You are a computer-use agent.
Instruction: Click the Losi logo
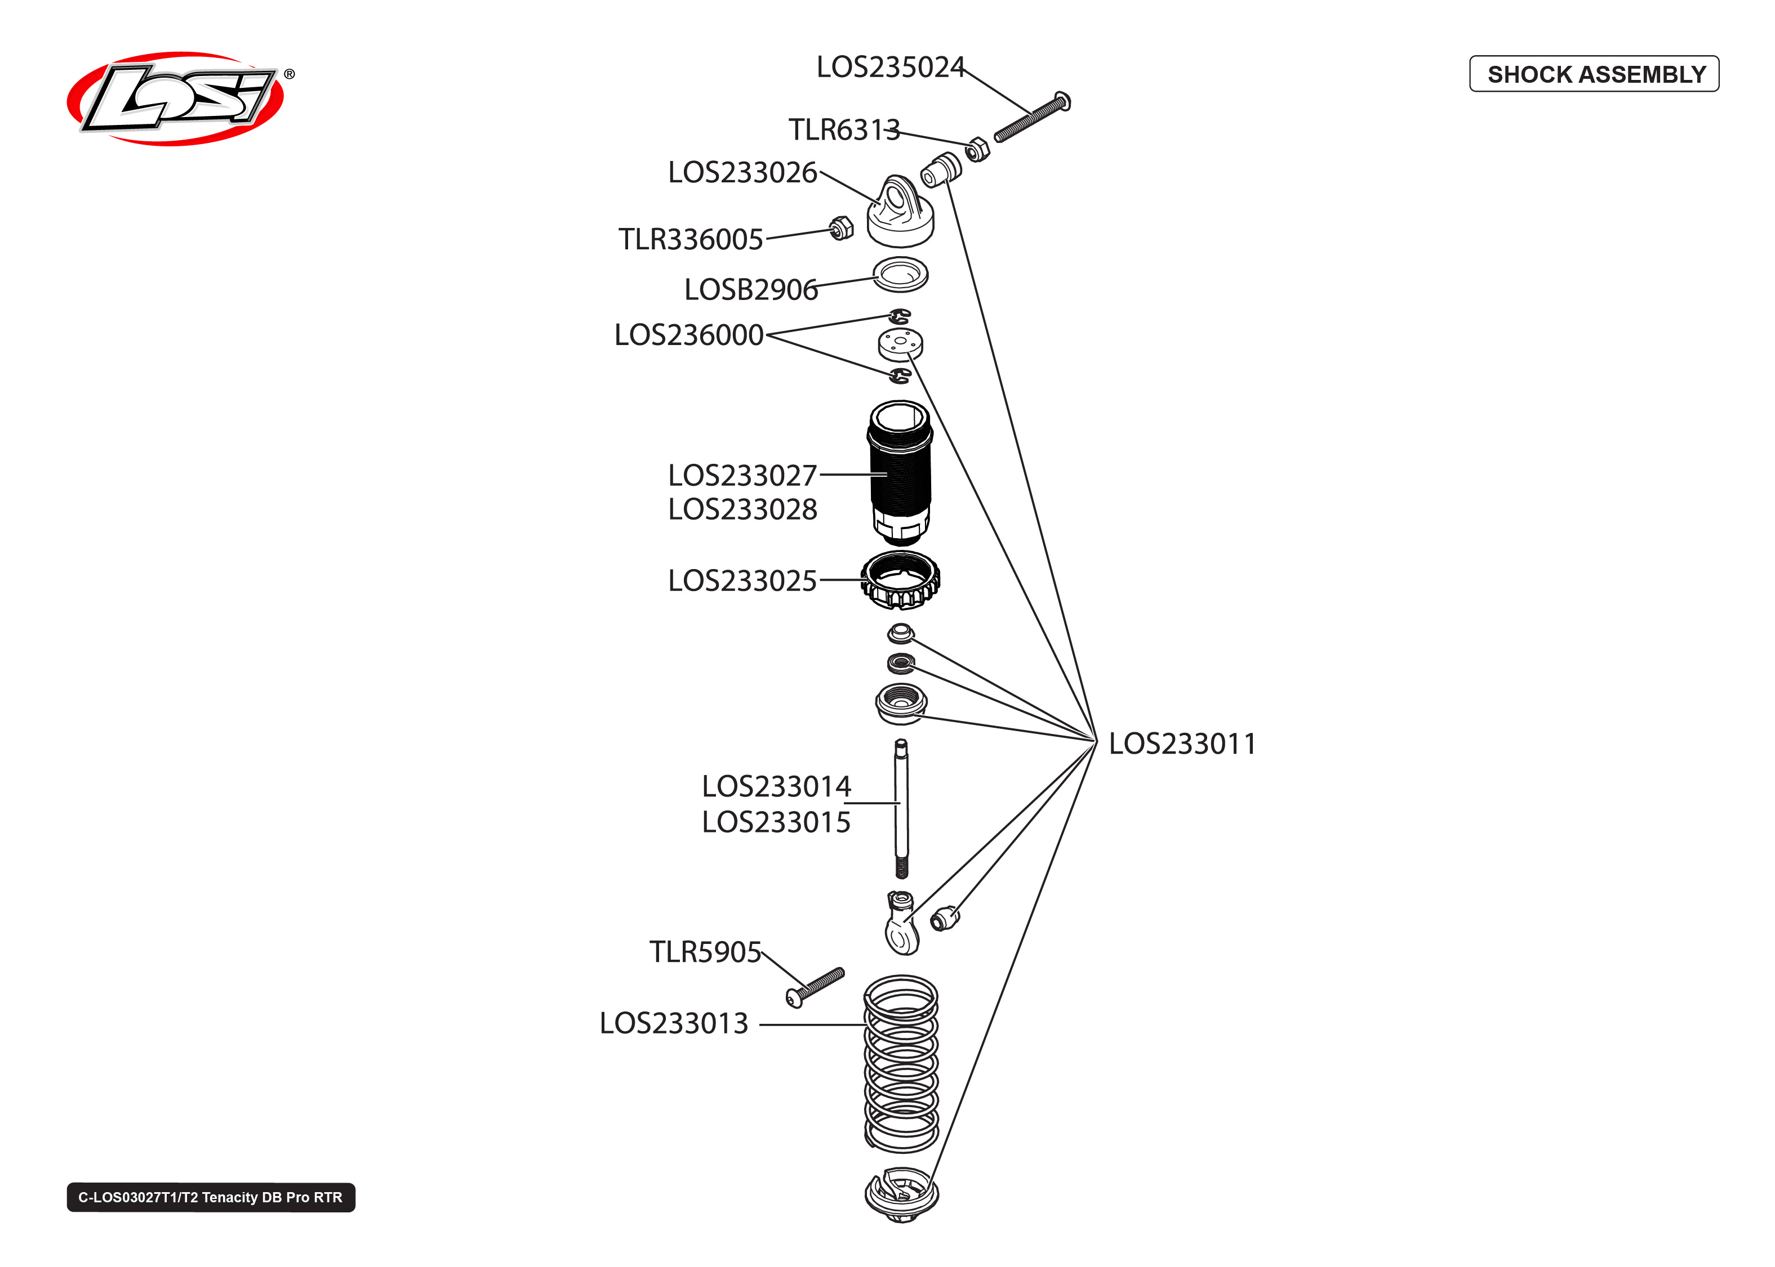[176, 99]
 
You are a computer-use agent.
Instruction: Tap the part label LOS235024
[890, 67]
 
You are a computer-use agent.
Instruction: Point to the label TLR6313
[844, 129]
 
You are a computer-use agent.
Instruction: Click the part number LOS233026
[742, 172]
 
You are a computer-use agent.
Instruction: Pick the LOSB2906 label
[751, 289]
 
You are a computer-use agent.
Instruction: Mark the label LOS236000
[688, 335]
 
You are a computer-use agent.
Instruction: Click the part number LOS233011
[1182, 744]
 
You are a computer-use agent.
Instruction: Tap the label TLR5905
[705, 952]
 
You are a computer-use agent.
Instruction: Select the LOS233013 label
[674, 1023]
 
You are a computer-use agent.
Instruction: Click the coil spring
[901, 1065]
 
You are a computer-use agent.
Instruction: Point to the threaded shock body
[900, 472]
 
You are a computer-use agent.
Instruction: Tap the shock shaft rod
[901, 808]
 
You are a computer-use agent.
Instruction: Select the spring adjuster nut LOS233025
[900, 580]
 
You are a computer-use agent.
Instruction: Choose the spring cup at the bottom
[901, 1194]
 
